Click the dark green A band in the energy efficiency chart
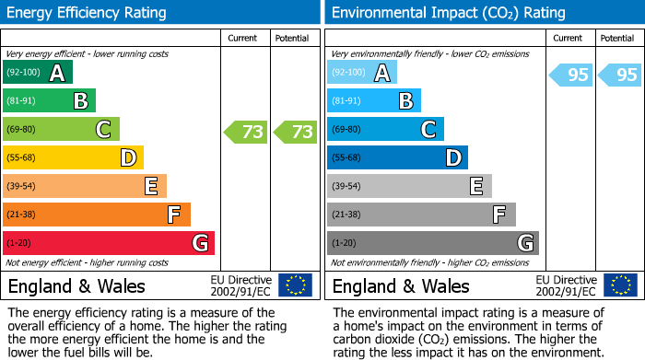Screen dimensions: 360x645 (38, 73)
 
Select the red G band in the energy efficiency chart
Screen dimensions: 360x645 (109, 243)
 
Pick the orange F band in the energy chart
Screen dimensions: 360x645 (97, 215)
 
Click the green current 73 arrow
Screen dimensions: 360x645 (246, 132)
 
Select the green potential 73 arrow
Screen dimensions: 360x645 (296, 132)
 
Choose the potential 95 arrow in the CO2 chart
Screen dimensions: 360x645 (620, 75)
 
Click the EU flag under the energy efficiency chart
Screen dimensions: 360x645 (295, 285)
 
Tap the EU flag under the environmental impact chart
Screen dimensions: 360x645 (620, 285)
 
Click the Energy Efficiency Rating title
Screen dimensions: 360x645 (88, 13)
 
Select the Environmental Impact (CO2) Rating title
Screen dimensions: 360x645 (448, 13)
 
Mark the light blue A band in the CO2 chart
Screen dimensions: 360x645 (362, 73)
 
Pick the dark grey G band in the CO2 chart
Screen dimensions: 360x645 (433, 243)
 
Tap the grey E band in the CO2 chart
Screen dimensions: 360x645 (409, 187)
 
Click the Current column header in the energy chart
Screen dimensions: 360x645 (244, 39)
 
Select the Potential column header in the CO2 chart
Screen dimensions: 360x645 (617, 39)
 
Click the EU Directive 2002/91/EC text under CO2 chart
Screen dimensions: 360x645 (565, 285)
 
